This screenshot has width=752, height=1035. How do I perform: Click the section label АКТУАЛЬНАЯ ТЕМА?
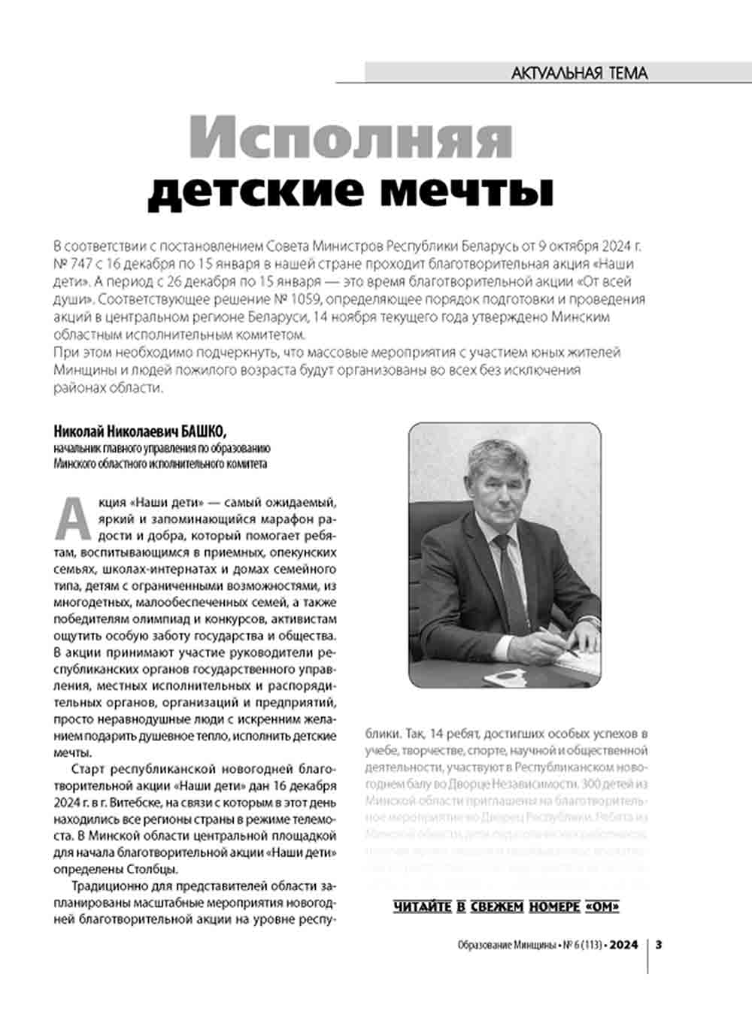578,73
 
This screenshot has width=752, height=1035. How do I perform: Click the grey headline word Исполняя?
350,138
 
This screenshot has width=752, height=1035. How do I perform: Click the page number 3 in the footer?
659,945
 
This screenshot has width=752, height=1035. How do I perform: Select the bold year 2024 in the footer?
623,945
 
